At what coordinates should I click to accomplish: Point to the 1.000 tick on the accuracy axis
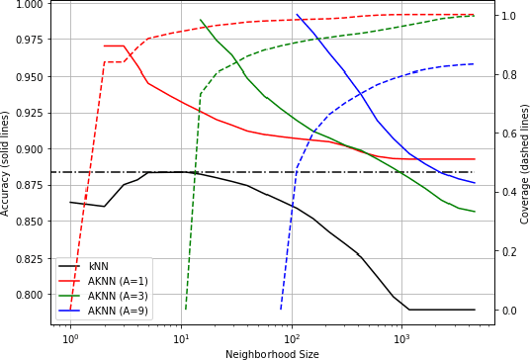(30, 4)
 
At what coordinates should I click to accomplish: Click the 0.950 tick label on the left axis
(30, 76)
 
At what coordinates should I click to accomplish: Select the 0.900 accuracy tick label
(30, 149)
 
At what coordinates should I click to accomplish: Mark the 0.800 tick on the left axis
(30, 295)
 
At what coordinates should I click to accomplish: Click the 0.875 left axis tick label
(30, 185)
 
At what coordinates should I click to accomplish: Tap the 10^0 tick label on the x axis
(70, 339)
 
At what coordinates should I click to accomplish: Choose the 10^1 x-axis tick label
(181, 339)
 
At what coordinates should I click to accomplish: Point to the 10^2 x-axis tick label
(292, 339)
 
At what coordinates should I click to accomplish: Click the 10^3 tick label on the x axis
(402, 339)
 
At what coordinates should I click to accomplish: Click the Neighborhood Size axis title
(272, 353)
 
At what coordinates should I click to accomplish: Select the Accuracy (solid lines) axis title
(7, 162)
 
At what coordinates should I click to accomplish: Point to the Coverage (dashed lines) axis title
(524, 162)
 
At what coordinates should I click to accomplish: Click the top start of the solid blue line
(297, 14)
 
